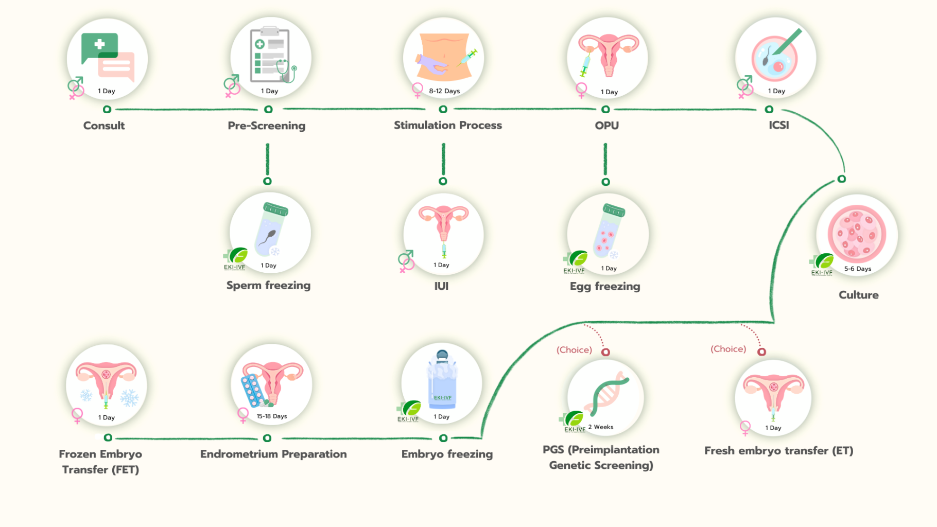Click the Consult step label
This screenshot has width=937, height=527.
pos(104,126)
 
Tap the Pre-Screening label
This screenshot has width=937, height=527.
pos(266,126)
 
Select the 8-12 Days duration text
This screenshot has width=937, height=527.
pos(444,91)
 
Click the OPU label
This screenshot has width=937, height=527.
pos(606,126)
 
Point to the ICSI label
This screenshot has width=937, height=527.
pos(778,125)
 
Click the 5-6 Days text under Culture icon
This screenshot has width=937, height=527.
pos(858,269)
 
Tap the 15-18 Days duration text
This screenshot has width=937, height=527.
pos(272,416)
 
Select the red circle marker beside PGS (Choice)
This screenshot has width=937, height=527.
pos(605,352)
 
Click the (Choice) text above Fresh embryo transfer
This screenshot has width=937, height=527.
pos(728,349)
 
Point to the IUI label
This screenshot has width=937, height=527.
pos(441,286)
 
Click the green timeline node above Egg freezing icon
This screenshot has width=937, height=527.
pos(605,182)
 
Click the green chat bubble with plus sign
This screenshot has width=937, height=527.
pos(99,47)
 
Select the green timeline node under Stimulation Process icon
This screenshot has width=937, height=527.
pos(443,109)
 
